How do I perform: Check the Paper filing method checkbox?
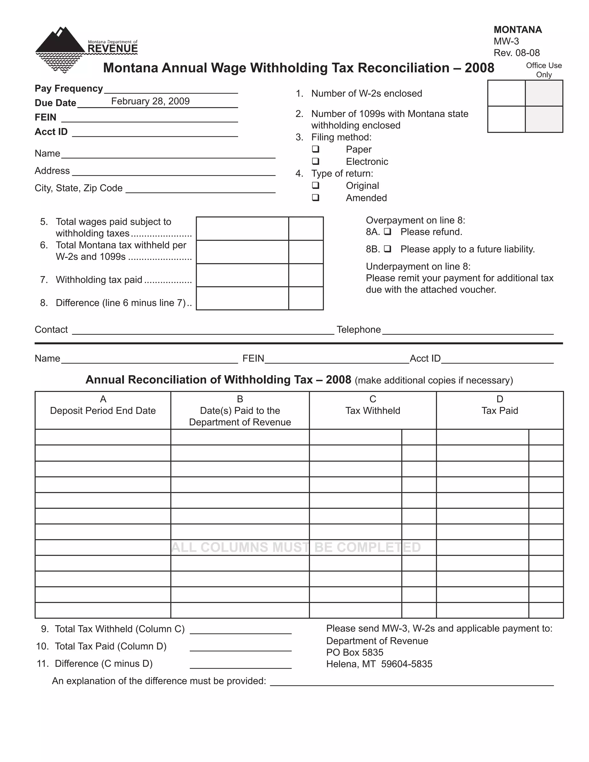(x=315, y=149)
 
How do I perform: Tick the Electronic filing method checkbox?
(x=315, y=161)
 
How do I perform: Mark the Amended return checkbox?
(x=315, y=198)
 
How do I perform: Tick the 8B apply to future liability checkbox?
(x=387, y=249)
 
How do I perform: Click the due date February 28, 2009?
(x=150, y=101)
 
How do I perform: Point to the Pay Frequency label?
(x=69, y=89)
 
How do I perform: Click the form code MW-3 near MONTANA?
(x=506, y=41)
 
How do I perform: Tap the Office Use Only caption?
(x=544, y=70)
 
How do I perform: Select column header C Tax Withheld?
(x=373, y=405)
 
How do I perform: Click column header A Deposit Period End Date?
(x=103, y=405)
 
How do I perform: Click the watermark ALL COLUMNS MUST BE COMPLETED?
(x=296, y=547)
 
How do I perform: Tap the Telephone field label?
(x=358, y=330)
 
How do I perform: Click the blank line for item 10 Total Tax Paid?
(x=240, y=648)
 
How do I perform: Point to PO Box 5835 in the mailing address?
(x=355, y=652)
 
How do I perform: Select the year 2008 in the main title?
(x=479, y=68)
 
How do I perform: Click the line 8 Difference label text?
(x=121, y=303)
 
